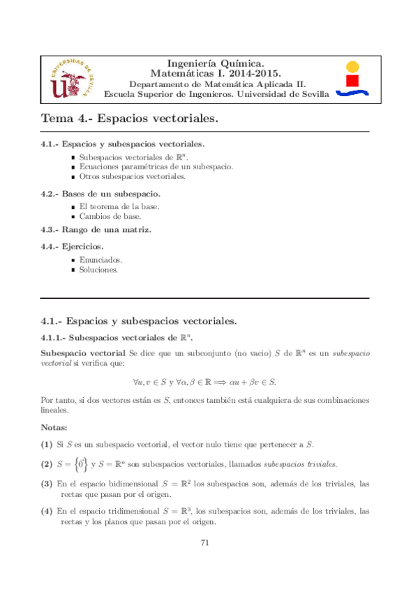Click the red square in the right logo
pos(353,81)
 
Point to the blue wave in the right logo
pos(353,93)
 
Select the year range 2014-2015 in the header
pos(252,72)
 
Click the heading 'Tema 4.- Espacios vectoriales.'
pos(130,119)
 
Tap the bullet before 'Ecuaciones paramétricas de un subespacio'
pos(73,167)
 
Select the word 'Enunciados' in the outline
pos(101,259)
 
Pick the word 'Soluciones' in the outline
pos(98,269)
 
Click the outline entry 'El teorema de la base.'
pos(119,207)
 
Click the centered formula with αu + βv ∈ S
pos(209,382)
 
